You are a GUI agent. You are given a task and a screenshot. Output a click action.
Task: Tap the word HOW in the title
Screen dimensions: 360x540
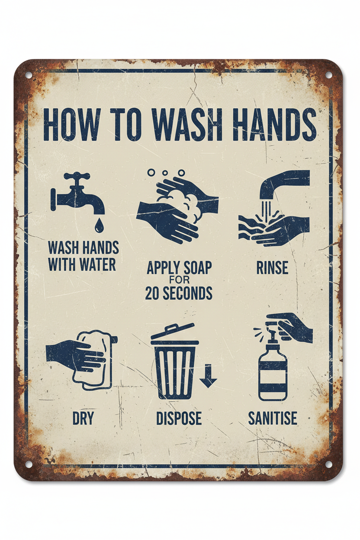(71, 124)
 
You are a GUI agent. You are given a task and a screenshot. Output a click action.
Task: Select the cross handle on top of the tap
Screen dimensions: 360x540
(77, 177)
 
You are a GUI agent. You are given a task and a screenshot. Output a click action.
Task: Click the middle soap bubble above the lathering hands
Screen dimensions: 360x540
(165, 173)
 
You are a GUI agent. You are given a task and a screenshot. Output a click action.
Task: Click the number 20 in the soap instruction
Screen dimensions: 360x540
(152, 293)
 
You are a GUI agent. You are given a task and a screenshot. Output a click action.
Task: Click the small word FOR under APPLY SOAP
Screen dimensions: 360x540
(179, 280)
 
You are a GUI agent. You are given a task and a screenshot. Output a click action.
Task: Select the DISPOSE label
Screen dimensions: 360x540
(179, 418)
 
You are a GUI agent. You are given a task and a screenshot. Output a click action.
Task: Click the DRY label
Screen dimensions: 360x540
(83, 418)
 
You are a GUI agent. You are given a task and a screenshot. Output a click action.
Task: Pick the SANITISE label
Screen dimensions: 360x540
(273, 418)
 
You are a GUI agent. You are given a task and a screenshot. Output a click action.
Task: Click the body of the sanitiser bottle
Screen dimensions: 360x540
(273, 374)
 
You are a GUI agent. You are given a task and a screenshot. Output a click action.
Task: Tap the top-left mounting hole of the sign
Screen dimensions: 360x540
(29, 74)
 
